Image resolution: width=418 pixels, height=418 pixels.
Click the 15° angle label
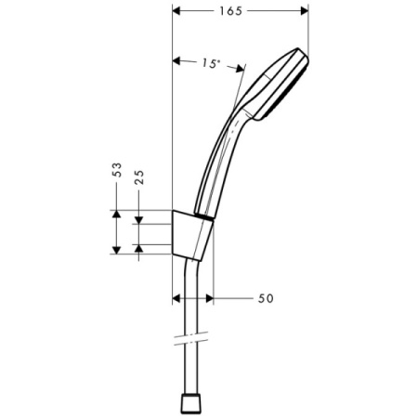211,63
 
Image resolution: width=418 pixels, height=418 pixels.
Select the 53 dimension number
117,171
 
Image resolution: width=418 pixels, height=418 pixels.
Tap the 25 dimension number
139,178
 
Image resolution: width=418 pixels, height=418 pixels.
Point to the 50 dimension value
265,298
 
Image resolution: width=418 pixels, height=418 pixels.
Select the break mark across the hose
194,335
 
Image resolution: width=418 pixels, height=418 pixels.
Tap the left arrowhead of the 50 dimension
178,298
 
